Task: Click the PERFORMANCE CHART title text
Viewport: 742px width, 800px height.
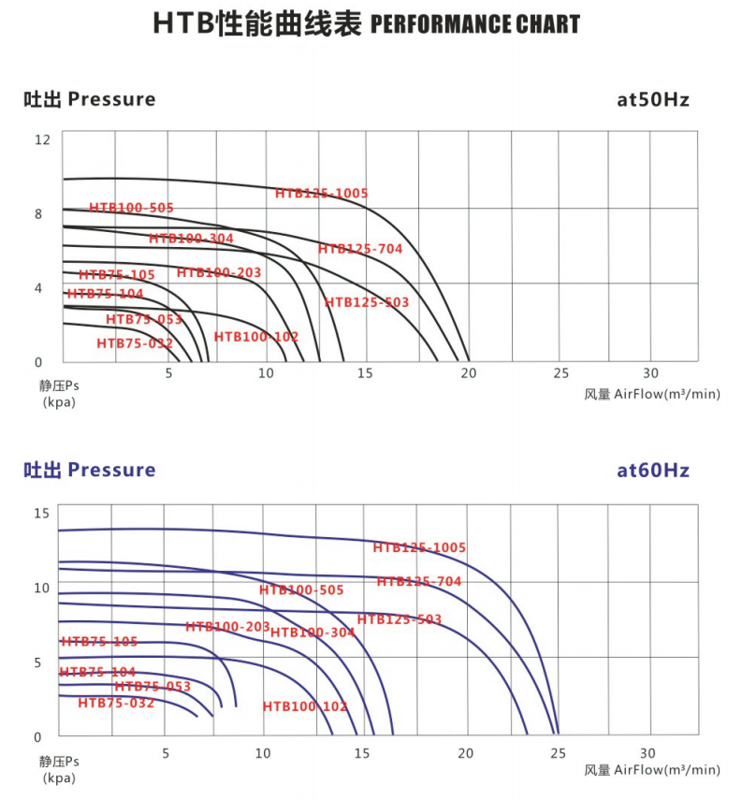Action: pos(475,24)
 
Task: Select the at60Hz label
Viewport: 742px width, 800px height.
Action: pos(653,470)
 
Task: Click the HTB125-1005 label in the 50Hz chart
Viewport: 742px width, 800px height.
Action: pos(322,194)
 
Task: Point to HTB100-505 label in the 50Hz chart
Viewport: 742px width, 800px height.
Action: pos(131,208)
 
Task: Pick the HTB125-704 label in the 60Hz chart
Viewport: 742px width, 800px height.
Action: pos(419,582)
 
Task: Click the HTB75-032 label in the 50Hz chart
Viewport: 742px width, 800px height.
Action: pos(135,343)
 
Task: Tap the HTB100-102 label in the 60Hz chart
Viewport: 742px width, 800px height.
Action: pos(305,707)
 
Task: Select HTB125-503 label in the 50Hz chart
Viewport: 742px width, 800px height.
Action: pos(367,302)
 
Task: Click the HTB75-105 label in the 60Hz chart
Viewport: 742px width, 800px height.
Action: pos(99,642)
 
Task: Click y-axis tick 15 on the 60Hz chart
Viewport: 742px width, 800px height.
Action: pos(42,513)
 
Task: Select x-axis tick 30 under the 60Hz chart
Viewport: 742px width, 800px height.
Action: pos(648,753)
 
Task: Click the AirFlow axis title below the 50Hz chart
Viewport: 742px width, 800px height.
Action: pos(652,394)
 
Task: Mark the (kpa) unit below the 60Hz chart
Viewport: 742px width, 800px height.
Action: pos(59,778)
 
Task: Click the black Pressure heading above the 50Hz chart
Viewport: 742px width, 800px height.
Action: pos(111,100)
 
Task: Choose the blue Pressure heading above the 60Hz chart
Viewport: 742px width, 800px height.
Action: pos(111,470)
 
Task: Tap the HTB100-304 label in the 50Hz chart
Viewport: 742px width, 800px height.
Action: pos(191,239)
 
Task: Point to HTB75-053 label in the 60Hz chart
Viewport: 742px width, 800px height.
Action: pos(153,687)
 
